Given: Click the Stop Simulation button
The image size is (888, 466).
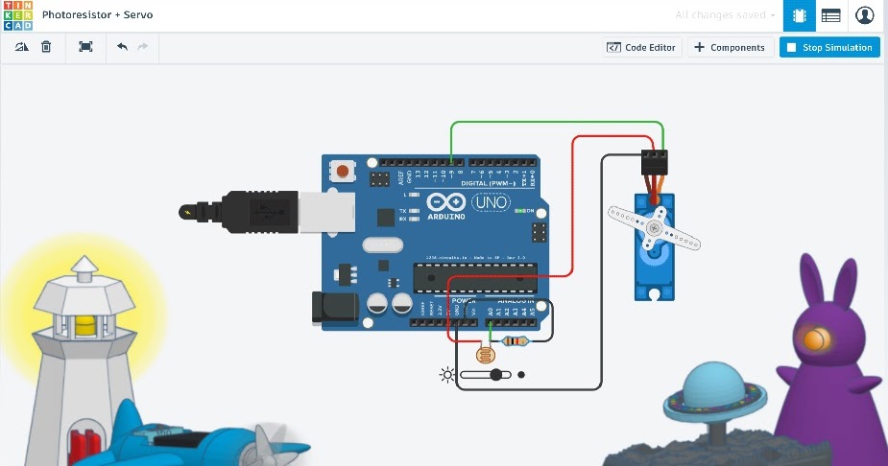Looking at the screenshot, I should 828,47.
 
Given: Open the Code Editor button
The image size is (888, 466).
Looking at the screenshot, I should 641,47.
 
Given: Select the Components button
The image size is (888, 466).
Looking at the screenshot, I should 730,47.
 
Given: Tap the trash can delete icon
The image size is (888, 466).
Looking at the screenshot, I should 46,46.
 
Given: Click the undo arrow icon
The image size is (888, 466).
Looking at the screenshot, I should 122,46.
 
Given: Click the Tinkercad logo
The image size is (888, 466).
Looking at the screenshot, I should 17,15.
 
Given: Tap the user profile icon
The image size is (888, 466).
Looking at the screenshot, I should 865,15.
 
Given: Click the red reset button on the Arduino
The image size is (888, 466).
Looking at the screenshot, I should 342,173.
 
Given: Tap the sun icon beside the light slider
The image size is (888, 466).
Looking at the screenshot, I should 446,374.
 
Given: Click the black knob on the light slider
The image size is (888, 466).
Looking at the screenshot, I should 496,374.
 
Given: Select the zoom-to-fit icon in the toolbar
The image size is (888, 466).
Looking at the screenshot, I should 85,46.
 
